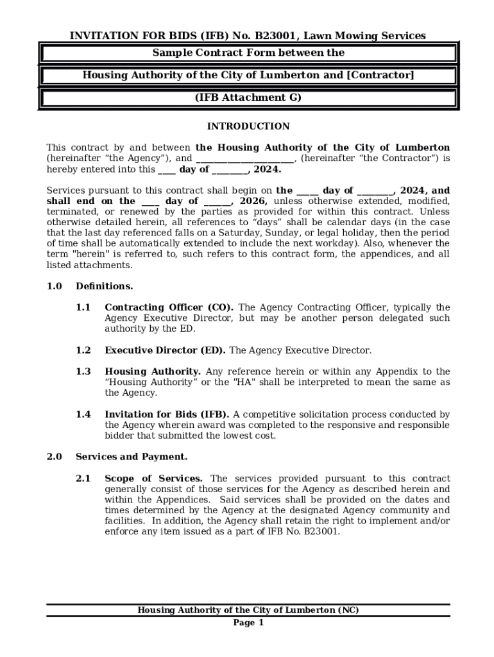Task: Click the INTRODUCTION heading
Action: coord(248,126)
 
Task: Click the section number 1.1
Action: coord(83,307)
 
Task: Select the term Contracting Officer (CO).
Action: coord(169,307)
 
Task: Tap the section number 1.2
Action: coord(83,350)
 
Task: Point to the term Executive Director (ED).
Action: coord(165,350)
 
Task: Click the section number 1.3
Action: coord(83,371)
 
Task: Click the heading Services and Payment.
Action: coord(132,457)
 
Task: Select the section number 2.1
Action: coord(83,479)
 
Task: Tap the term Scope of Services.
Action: coord(154,479)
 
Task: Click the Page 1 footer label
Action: coord(248,623)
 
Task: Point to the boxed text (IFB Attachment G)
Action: coord(248,98)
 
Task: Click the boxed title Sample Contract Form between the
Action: coord(248,53)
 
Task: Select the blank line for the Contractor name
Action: coord(244,158)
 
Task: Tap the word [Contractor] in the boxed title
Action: coord(380,75)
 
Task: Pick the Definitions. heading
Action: coord(105,286)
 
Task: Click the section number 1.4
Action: coord(83,414)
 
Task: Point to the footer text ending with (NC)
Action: coord(248,610)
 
